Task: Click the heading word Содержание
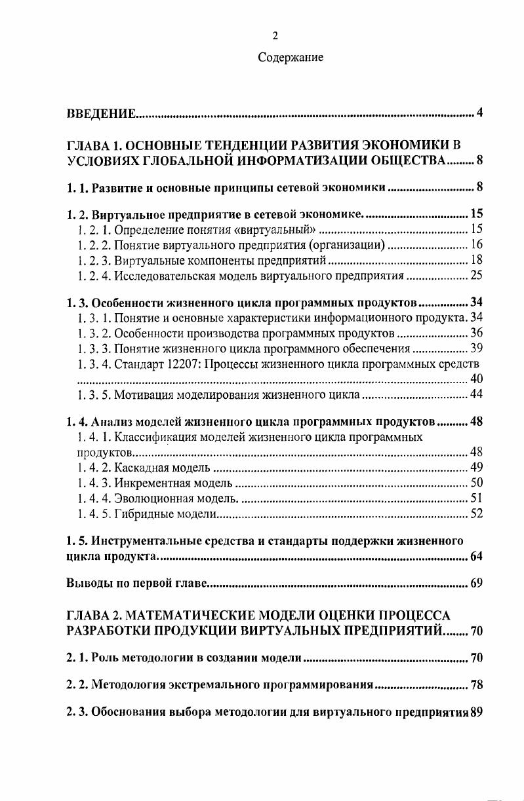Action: click(x=291, y=58)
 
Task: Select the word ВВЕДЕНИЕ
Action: click(x=102, y=115)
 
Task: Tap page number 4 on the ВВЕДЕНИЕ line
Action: click(x=479, y=114)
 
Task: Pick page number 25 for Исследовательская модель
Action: click(x=477, y=276)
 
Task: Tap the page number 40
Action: click(x=477, y=379)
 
